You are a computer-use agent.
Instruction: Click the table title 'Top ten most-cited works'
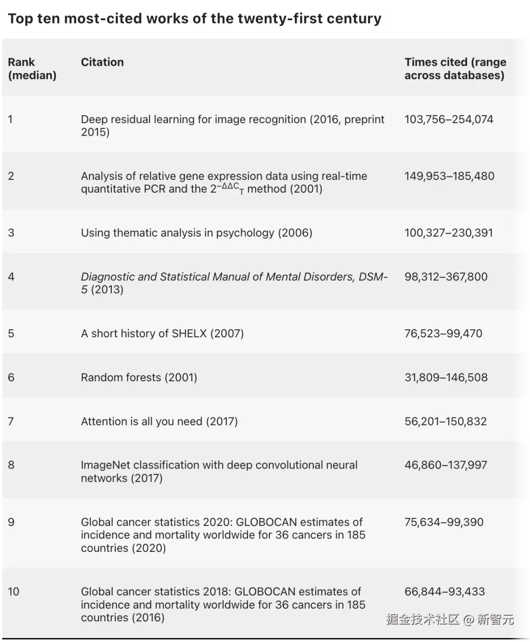194,19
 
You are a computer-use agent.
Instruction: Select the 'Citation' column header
102,62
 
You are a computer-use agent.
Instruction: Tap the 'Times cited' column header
455,69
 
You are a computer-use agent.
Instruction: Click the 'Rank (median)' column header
32,69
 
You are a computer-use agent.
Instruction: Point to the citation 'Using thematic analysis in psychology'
196,233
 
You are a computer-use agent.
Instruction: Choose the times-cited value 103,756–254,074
449,120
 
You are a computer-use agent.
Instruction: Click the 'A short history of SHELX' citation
162,334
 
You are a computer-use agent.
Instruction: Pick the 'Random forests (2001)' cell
139,377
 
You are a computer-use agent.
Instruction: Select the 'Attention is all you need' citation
159,421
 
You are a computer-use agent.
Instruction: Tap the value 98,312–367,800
446,277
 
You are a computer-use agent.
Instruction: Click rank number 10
14,592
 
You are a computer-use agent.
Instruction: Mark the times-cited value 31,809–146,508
446,377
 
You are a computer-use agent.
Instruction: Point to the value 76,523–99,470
443,334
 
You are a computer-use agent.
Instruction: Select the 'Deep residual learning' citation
232,125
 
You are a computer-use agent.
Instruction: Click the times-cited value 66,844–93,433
444,592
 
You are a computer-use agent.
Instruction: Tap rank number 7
11,421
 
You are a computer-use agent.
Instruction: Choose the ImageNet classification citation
219,471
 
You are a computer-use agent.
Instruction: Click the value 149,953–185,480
449,176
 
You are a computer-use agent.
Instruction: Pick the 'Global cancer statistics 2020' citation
223,535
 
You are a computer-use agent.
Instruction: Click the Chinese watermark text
450,619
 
